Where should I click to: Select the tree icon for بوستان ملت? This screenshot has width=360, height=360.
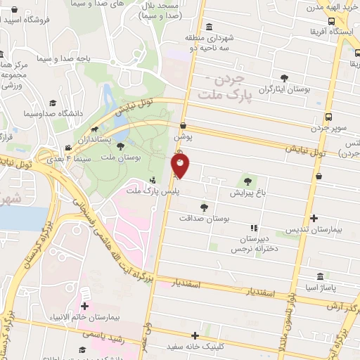[x=121, y=146]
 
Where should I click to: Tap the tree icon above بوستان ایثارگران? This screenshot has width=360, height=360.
[x=284, y=78]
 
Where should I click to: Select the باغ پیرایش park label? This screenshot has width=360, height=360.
[x=246, y=191]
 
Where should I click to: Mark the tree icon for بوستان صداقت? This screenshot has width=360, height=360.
[x=204, y=207]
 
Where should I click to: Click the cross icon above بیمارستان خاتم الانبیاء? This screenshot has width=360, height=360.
[x=86, y=307]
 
